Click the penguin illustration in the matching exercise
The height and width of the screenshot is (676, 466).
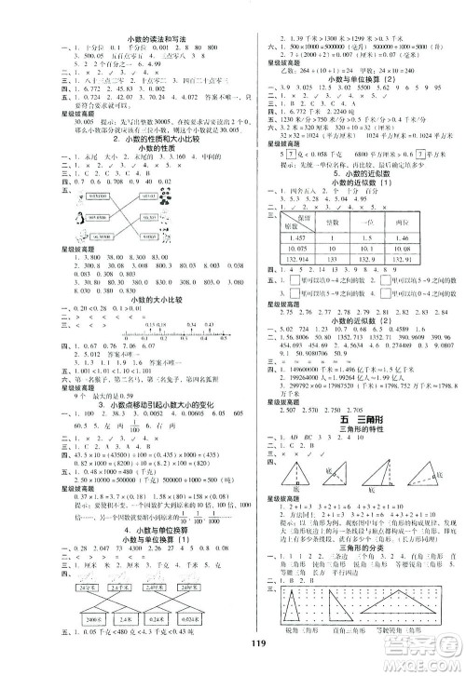pos(57,242)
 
